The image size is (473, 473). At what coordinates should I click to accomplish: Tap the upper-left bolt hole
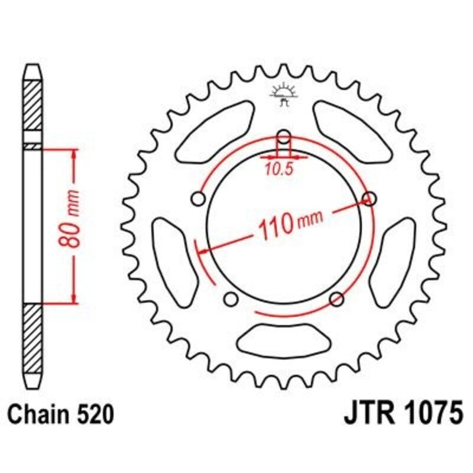(199, 198)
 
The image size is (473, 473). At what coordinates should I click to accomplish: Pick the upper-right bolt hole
(370, 197)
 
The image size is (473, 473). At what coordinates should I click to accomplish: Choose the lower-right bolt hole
(336, 297)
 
